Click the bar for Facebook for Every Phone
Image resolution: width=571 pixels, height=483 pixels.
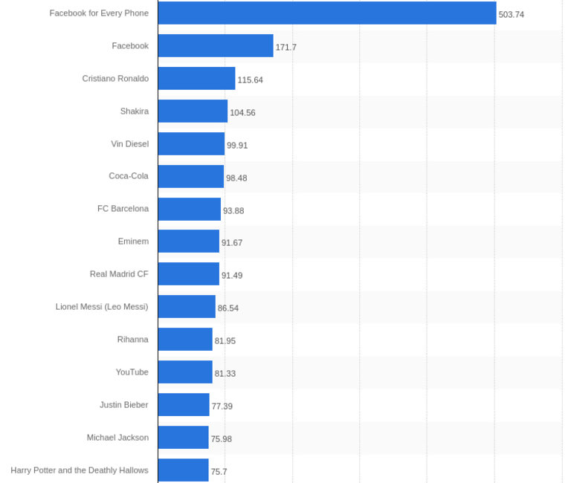click(x=327, y=13)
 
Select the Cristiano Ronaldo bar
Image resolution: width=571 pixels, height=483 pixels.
click(x=196, y=78)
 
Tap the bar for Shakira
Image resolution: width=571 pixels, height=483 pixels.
click(x=193, y=111)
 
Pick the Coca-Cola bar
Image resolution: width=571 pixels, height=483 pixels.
click(x=190, y=176)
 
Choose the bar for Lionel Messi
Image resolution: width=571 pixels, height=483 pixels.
click(x=187, y=306)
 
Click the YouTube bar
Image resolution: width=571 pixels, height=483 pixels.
click(x=185, y=372)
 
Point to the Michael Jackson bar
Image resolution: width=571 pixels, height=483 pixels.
click(x=183, y=437)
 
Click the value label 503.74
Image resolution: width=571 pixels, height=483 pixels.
click(x=512, y=15)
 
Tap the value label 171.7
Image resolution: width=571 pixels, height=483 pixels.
click(x=286, y=48)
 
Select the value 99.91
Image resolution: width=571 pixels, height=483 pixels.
click(x=237, y=146)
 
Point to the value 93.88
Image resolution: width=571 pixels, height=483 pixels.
click(x=233, y=211)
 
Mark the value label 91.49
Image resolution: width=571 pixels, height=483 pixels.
click(x=232, y=276)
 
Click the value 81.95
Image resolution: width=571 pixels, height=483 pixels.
click(x=225, y=341)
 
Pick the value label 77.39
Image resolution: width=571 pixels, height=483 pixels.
click(x=222, y=406)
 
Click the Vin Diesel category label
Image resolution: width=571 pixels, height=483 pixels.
click(x=130, y=144)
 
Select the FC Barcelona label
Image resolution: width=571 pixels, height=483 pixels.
click(x=123, y=209)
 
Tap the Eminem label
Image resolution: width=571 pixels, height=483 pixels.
click(x=133, y=241)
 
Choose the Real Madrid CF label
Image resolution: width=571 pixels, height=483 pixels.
click(x=119, y=274)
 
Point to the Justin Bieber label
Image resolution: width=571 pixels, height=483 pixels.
click(x=124, y=405)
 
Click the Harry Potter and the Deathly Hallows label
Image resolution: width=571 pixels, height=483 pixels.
click(x=80, y=470)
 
